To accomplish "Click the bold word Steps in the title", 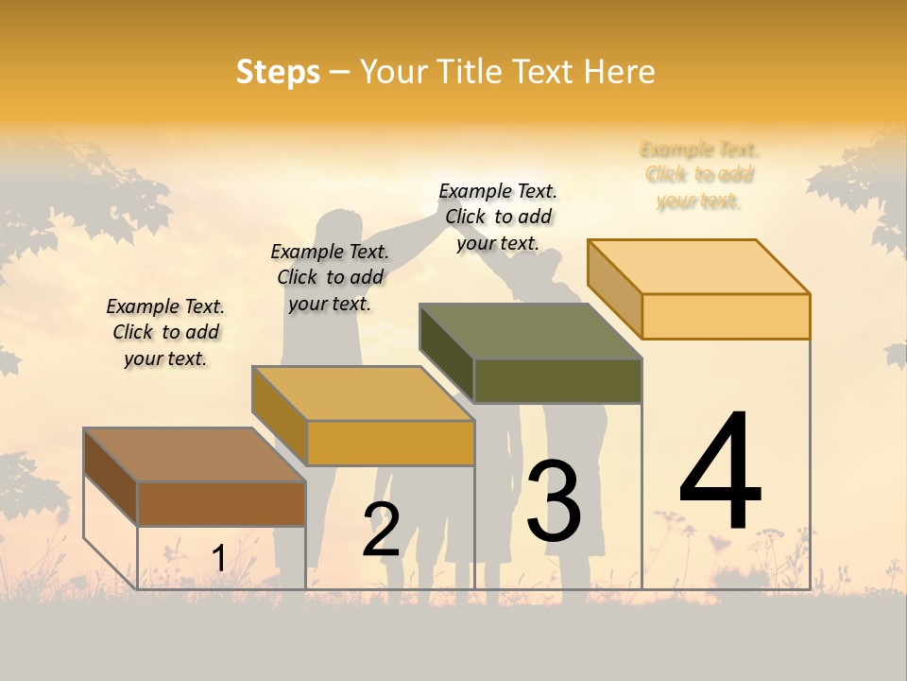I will (278, 72).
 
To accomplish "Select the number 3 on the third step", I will (554, 501).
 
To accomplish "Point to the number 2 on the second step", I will (381, 530).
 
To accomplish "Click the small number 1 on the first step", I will (218, 559).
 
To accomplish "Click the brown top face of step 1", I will (195, 455).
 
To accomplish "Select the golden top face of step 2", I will (363, 393).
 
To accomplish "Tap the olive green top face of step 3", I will (530, 331).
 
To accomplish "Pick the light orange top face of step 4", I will (698, 267).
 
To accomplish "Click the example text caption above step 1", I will (165, 332).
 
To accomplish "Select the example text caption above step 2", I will (330, 277).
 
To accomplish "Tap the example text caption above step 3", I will (498, 217).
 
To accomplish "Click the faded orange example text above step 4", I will (699, 175).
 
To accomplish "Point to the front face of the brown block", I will (221, 503).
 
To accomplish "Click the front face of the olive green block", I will (557, 381).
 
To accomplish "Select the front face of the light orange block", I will (726, 316).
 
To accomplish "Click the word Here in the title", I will (620, 72).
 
